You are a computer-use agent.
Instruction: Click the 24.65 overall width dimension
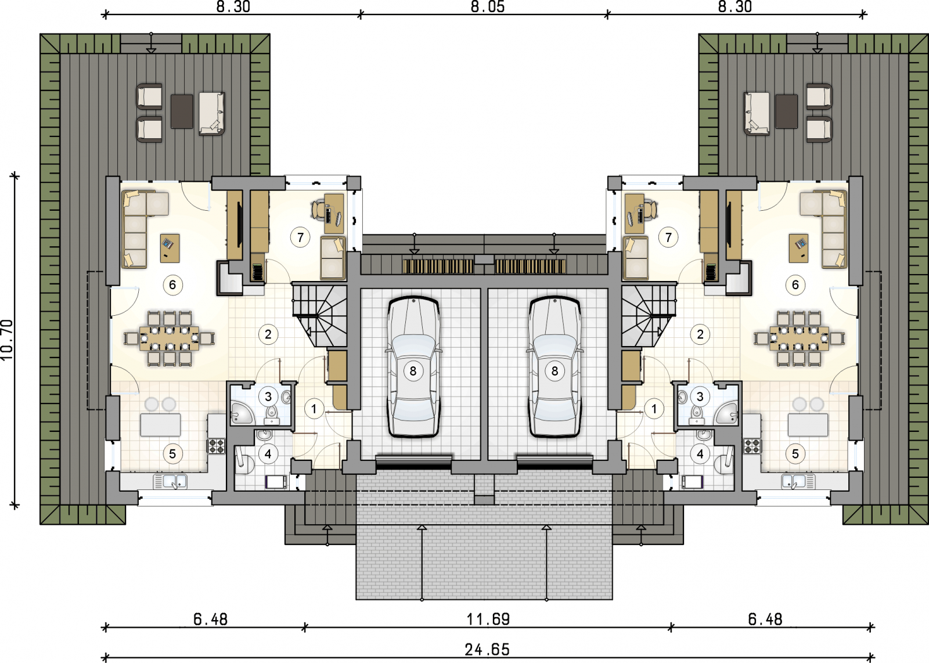pos(487,649)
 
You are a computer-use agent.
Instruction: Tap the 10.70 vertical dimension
pos(8,340)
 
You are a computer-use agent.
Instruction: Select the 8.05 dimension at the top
pos(487,6)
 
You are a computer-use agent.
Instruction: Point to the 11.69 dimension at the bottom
pos(488,619)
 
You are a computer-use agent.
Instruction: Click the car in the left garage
pos(413,366)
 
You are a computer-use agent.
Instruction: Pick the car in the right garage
pos(555,366)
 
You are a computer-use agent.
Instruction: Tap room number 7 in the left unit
pos(300,237)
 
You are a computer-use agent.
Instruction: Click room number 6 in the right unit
pos(795,285)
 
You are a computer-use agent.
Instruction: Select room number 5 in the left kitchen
pos(172,454)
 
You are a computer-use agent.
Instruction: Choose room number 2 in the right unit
pos(700,334)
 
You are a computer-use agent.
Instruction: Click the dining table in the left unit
pos(169,338)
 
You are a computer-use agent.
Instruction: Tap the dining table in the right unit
pos(799,338)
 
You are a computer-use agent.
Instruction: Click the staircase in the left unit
pos(320,314)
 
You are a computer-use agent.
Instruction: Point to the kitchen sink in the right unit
pos(798,481)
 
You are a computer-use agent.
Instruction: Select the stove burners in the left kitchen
pos(217,446)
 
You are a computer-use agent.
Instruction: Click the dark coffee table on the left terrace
pos(182,111)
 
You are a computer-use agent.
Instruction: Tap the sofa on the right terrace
pos(757,114)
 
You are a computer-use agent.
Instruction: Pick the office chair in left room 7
pos(318,208)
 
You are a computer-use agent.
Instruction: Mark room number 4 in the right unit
pos(700,454)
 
